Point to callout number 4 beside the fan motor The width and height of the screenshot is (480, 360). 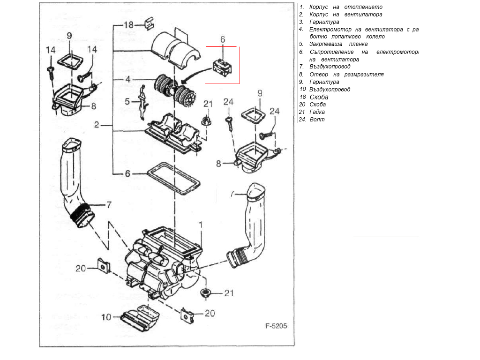coord(127,80)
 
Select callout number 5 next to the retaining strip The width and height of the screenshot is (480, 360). coord(127,101)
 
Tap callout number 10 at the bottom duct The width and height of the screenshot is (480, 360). coord(106,317)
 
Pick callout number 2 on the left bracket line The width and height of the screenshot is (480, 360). coord(97,126)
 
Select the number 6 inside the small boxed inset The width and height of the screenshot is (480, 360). coord(223,39)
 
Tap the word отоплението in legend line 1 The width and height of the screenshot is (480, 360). coord(363,7)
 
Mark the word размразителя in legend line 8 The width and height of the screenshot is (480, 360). coord(364,75)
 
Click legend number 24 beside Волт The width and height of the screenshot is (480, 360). coord(302,120)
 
